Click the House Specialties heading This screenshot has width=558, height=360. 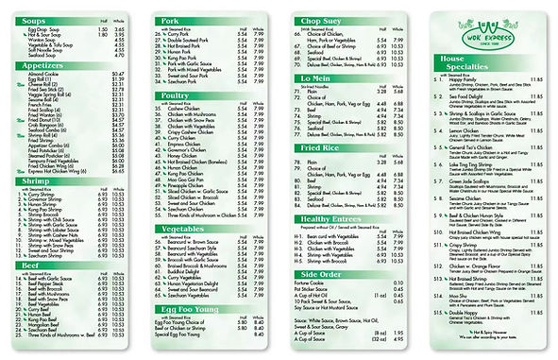[466, 62]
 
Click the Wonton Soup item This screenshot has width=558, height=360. [43, 40]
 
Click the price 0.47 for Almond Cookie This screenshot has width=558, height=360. [118, 73]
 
